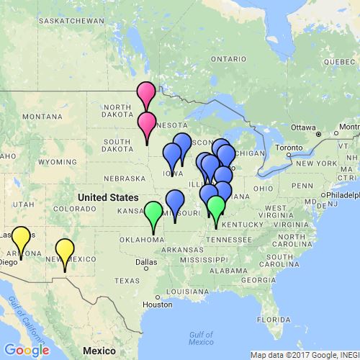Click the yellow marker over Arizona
click(21, 238)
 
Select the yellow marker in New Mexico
click(65, 250)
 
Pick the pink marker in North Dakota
click(146, 93)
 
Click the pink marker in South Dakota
click(147, 123)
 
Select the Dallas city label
click(145, 261)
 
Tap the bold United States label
click(108, 197)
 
